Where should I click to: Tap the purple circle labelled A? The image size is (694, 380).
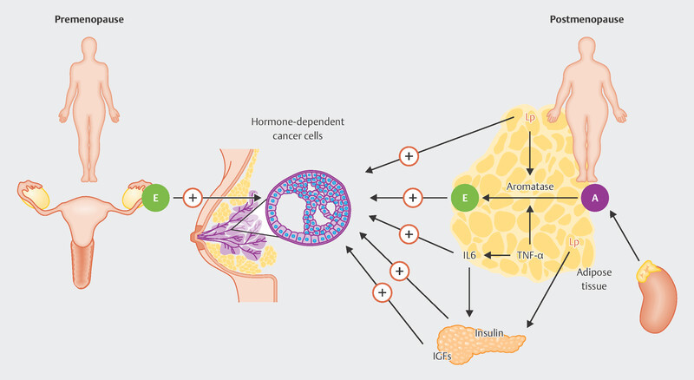coord(595,198)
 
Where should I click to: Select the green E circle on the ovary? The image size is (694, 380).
coord(156,198)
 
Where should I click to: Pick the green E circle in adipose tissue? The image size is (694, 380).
coord(464,198)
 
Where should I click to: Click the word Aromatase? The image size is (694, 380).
coord(530,187)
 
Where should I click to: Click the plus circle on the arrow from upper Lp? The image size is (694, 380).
coord(410,156)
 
